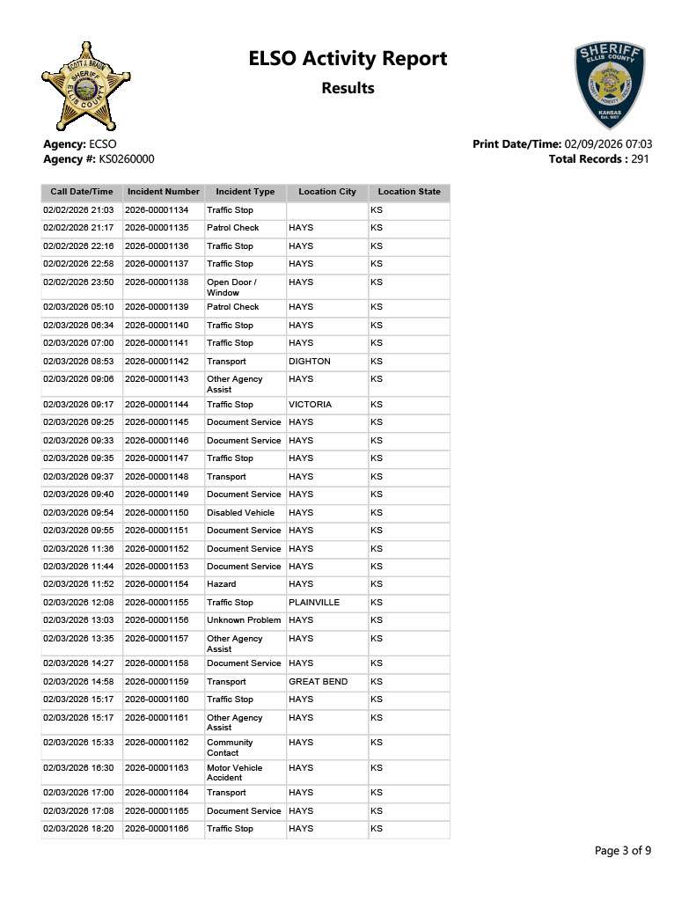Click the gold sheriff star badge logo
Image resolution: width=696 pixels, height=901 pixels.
tap(85, 86)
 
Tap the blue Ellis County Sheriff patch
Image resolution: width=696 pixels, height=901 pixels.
tap(609, 84)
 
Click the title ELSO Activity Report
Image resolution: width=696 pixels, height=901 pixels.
tap(348, 59)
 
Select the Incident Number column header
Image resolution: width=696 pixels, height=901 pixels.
tap(164, 192)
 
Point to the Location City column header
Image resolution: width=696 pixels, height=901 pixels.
tap(327, 192)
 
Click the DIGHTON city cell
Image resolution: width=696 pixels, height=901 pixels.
tap(310, 362)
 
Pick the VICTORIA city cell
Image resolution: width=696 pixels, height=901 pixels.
tap(311, 405)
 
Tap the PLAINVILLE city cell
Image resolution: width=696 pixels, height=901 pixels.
tap(314, 603)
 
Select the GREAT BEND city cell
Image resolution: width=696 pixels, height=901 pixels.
tap(318, 682)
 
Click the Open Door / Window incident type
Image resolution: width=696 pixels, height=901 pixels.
tap(231, 287)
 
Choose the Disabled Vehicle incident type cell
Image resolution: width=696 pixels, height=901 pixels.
tap(240, 513)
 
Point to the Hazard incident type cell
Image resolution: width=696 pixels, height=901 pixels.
tap(221, 584)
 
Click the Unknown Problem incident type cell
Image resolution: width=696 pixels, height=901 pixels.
tap(244, 620)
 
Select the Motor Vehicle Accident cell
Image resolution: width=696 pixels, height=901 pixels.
tap(234, 773)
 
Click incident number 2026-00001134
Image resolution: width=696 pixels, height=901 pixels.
tap(163, 211)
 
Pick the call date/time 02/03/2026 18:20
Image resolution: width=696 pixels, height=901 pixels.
tap(78, 829)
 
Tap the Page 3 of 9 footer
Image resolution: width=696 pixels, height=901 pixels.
tap(623, 851)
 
